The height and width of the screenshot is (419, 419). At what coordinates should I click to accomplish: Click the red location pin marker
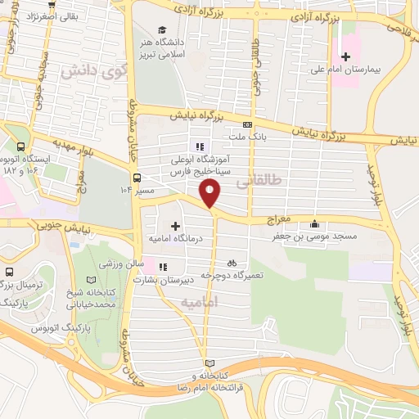pyautogui.click(x=210, y=193)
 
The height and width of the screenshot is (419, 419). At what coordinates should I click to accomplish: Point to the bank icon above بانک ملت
pyautogui.click(x=247, y=124)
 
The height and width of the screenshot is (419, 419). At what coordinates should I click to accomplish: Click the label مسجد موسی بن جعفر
pyautogui.click(x=315, y=237)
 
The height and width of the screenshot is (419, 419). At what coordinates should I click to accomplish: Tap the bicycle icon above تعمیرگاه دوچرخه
pyautogui.click(x=232, y=264)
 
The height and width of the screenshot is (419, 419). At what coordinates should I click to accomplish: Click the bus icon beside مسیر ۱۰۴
pyautogui.click(x=137, y=178)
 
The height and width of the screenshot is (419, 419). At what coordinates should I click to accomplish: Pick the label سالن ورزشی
pyautogui.click(x=122, y=265)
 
